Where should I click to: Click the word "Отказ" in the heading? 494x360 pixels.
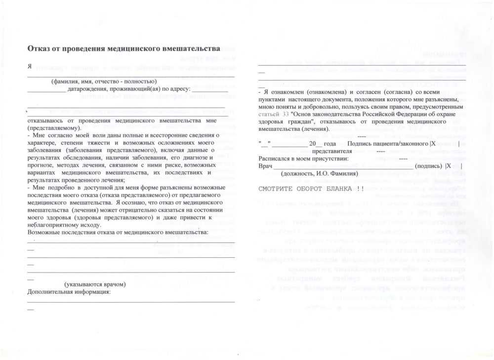[x=39, y=48]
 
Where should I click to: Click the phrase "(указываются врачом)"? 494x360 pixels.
[x=95, y=284]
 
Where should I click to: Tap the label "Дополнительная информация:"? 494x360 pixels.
[x=69, y=291]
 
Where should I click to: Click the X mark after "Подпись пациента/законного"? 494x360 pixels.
[x=433, y=143]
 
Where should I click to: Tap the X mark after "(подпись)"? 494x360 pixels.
[x=449, y=166]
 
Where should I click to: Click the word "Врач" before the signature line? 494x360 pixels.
[x=265, y=166]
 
